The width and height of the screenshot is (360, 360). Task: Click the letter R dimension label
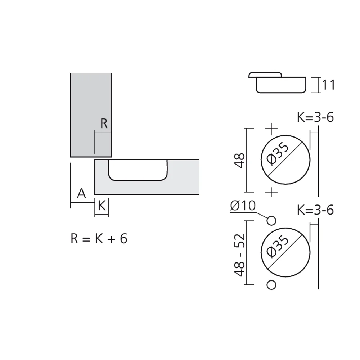pos(104,124)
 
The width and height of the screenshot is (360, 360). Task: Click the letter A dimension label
pos(82,194)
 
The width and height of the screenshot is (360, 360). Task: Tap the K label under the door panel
pos(102,206)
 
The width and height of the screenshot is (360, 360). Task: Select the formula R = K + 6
pos(99,239)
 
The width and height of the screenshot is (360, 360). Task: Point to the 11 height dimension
pos(328,85)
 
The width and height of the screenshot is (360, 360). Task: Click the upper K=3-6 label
pos(315,118)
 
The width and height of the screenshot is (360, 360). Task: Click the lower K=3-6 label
pos(315,210)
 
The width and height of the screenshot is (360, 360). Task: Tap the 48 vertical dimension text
pos(240,160)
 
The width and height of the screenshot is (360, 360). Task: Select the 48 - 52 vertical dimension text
pos(240,255)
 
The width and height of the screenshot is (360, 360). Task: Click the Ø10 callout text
pos(242,206)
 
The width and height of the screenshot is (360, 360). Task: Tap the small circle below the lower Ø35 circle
pos(272,285)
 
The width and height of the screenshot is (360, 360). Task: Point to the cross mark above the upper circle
pos(271,128)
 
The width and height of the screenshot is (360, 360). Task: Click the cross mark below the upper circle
pos(271,192)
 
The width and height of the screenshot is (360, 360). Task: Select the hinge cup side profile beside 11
pos(277,83)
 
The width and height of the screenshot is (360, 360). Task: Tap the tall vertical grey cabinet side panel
pos(90,108)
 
